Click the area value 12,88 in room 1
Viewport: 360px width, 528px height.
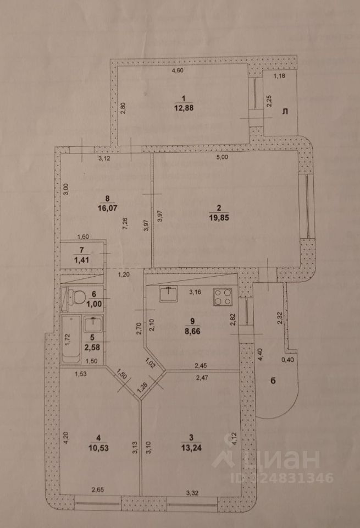pos(184,108)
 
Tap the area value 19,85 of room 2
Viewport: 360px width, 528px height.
pos(219,218)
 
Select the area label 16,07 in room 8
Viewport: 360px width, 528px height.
pos(107,208)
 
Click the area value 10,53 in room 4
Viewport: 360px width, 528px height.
pos(98,448)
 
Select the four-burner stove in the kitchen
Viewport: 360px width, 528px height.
pos(223,296)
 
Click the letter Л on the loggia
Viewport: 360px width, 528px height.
pos(285,112)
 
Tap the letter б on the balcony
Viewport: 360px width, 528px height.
pos(273,381)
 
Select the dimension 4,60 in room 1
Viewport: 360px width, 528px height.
pos(178,70)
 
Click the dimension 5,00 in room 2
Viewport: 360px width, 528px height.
pos(223,157)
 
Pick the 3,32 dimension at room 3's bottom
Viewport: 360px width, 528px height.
pos(192,493)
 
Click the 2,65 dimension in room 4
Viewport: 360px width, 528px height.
pos(98,490)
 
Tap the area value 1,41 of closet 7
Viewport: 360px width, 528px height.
pos(82,260)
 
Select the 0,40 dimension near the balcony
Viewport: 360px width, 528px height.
pos(287,360)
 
